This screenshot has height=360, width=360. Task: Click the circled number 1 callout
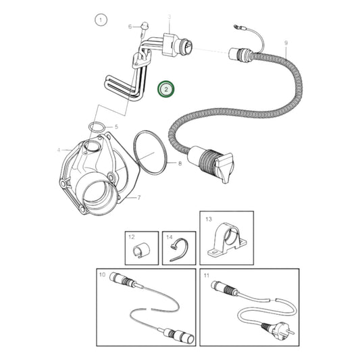[x=101, y=20]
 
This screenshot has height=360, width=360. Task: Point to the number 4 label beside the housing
[x=59, y=149]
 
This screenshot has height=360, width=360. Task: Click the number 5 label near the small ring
[x=115, y=126]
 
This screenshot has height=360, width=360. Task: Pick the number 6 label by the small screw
[x=130, y=26]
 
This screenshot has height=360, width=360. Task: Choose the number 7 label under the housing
[x=138, y=198]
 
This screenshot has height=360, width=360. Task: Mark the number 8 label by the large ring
[x=180, y=163]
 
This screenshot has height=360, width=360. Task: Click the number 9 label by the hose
[x=286, y=43]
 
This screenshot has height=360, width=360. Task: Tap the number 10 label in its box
[x=103, y=275]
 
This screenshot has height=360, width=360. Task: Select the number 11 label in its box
[x=207, y=275]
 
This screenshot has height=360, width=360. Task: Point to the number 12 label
[x=132, y=237]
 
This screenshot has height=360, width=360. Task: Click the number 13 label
[x=208, y=220]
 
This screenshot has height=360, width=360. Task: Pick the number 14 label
[x=170, y=237]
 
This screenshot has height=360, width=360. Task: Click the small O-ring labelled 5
[x=97, y=126]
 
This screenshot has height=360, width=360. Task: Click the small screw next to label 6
[x=144, y=28]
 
